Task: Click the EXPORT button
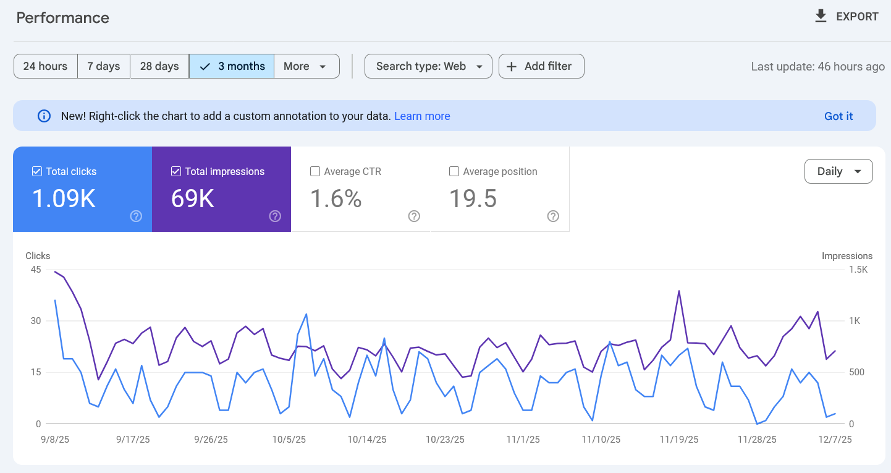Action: (x=847, y=17)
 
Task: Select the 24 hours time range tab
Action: (x=45, y=66)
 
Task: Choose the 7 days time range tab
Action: (x=103, y=66)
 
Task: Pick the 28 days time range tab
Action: (x=159, y=66)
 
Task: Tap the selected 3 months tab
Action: (x=232, y=66)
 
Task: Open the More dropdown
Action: (x=306, y=66)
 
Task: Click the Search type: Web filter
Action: (x=428, y=66)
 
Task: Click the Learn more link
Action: (x=422, y=116)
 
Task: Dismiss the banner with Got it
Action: (x=838, y=116)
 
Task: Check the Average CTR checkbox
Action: (x=315, y=172)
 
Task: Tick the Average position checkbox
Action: (x=454, y=172)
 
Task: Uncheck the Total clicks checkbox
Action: (x=37, y=172)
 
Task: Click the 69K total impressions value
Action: (x=193, y=198)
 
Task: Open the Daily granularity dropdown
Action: (x=838, y=171)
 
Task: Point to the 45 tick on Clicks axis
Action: (x=35, y=270)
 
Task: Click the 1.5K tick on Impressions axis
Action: (x=859, y=270)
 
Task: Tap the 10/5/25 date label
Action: (x=289, y=440)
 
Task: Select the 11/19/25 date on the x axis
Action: (x=679, y=440)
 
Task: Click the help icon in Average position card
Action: (x=553, y=216)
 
